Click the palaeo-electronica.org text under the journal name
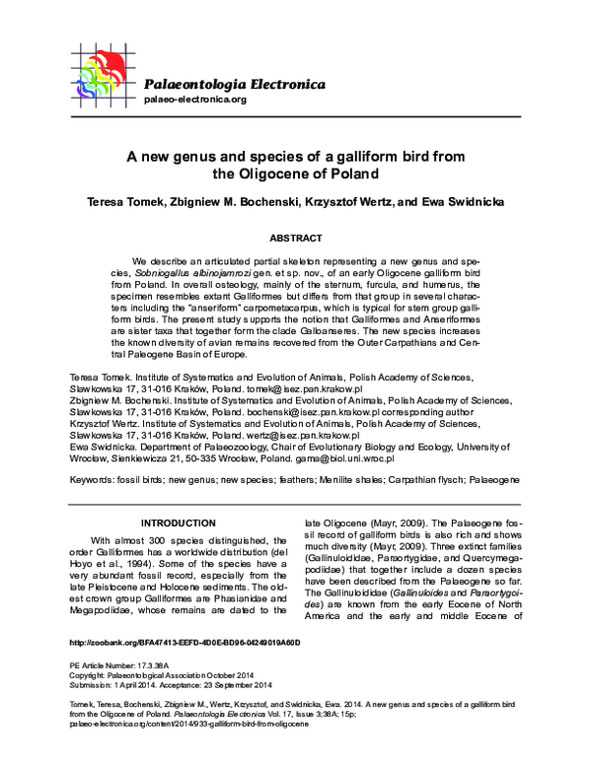[194, 100]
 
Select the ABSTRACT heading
[295, 239]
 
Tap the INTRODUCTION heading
[179, 522]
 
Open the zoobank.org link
[185, 642]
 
